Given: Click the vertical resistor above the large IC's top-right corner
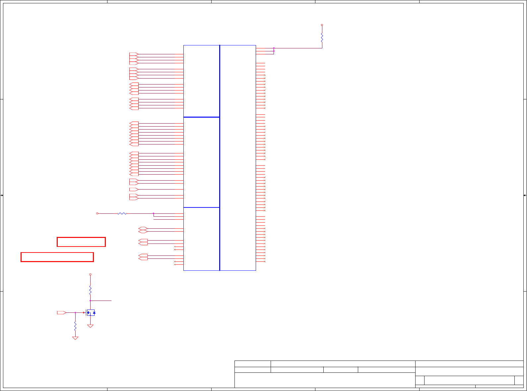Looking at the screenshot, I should point(322,37).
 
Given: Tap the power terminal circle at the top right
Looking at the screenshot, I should point(322,25).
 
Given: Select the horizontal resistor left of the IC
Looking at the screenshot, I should point(122,213).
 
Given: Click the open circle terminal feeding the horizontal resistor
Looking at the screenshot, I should point(97,213).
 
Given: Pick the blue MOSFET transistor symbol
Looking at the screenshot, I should point(91,312).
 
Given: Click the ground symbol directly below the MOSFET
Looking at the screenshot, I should point(90,326).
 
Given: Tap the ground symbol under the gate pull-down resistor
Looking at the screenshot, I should point(75,338).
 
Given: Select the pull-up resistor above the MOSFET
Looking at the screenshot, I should point(90,291).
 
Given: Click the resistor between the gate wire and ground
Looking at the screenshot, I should point(75,326).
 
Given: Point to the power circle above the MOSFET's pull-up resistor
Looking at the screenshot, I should point(90,274).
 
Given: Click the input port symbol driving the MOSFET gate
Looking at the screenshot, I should point(61,312).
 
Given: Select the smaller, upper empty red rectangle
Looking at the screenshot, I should point(81,242).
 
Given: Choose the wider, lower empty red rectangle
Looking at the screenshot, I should point(57,257).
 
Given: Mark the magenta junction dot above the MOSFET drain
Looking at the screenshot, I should point(90,301).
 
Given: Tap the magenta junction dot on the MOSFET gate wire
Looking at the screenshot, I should point(75,312).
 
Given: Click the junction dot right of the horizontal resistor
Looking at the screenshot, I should point(154,213).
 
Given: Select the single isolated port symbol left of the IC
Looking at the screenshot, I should point(134,190).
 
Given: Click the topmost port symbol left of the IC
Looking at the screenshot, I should point(134,54).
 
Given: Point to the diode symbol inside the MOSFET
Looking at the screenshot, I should point(94,312).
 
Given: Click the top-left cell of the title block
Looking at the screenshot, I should point(253,364).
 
